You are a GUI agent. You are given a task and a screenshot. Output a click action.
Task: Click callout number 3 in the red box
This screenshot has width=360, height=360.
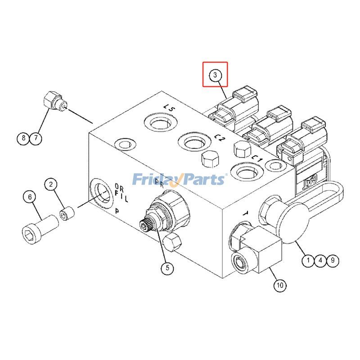(x=215, y=74)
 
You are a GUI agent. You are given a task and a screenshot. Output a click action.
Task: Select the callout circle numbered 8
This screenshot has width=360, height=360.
(x=23, y=138)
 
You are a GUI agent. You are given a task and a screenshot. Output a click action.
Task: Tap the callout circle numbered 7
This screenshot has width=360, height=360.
(x=36, y=138)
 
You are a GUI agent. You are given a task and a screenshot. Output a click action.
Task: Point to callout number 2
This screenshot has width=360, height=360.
(x=51, y=184)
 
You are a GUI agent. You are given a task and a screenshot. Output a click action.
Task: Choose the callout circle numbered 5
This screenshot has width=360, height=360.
(x=167, y=268)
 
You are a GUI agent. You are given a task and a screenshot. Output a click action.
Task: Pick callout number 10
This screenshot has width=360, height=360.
(x=279, y=285)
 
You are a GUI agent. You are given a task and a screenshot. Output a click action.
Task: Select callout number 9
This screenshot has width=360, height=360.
(x=332, y=260)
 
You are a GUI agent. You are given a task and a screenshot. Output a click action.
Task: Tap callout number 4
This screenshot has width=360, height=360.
(x=320, y=260)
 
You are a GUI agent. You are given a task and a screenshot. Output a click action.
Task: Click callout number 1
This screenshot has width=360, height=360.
(x=308, y=260)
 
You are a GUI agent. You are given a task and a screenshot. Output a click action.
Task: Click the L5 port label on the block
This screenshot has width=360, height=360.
(x=169, y=108)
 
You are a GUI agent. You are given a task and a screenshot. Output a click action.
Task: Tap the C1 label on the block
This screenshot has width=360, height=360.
(x=257, y=158)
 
